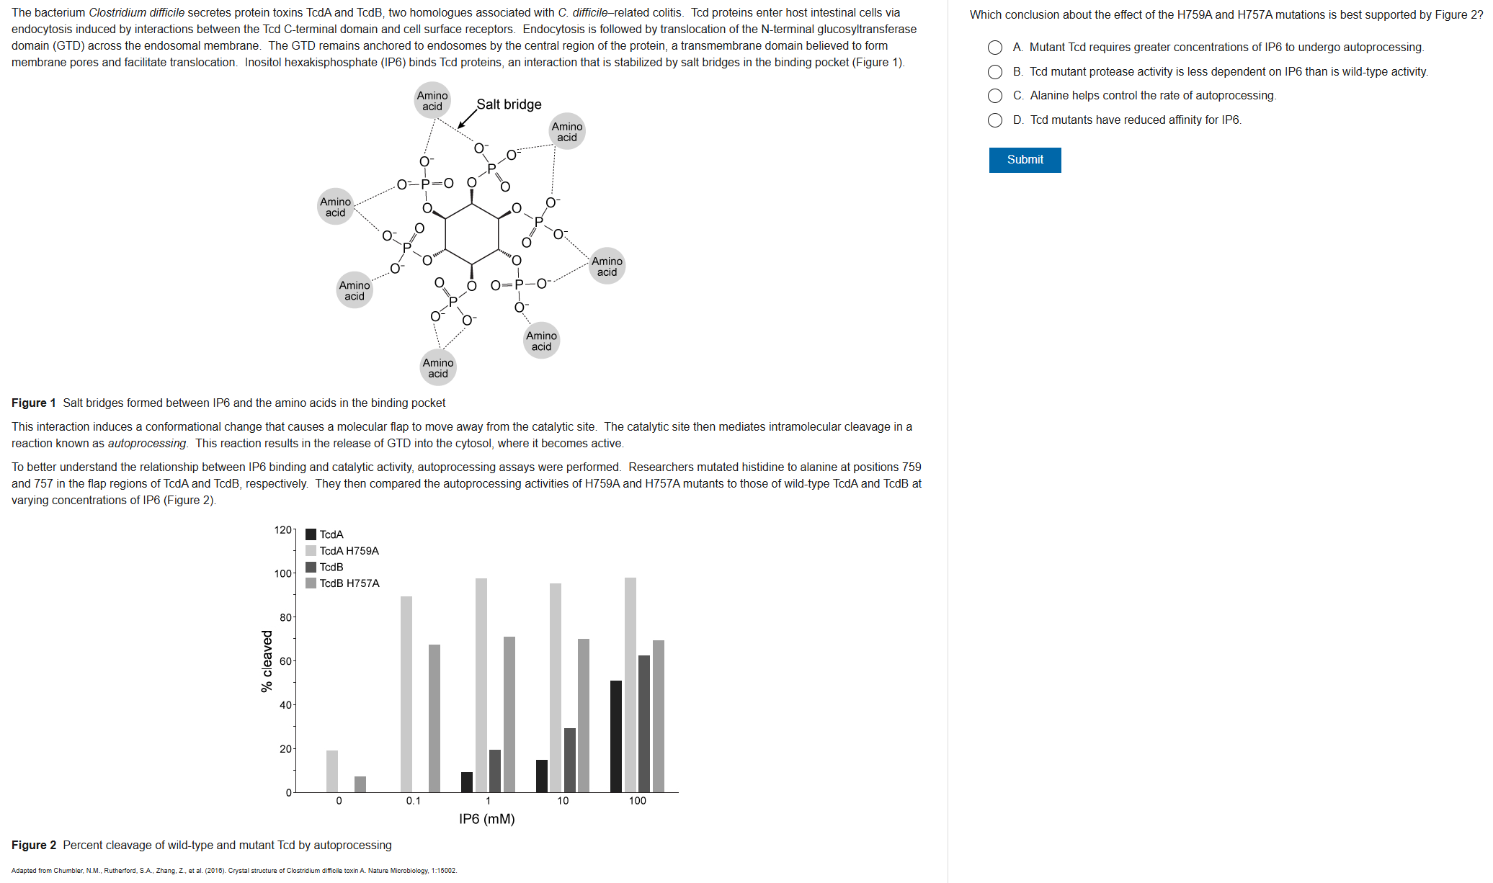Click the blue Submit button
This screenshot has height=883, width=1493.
1024,160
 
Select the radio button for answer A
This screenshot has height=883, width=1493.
994,48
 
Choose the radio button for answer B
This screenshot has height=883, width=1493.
994,72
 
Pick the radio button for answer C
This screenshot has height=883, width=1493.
994,96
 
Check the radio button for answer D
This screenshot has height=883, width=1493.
994,120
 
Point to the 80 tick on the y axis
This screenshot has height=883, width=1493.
286,617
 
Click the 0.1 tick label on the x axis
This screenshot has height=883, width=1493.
413,801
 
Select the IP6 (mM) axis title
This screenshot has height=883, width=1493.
486,819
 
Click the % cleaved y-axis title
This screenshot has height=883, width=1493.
267,661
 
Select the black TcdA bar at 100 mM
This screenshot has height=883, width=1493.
615,736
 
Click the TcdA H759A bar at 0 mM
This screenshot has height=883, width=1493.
332,771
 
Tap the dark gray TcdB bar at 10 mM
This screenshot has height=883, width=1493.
570,760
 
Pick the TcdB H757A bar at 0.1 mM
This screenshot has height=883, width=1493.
434,718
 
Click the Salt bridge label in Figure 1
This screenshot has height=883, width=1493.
509,104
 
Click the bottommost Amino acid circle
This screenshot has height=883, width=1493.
438,367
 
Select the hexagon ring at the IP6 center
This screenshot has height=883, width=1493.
472,234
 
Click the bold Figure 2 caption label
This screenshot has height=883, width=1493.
34,845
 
